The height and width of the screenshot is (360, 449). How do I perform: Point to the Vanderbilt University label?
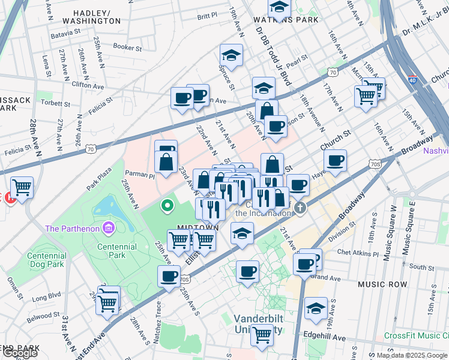tap(258, 323)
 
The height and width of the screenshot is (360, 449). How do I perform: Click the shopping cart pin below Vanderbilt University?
tap(262, 335)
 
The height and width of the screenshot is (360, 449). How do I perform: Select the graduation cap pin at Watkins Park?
tap(279, 7)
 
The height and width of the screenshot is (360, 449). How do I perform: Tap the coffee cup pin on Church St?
tap(336, 160)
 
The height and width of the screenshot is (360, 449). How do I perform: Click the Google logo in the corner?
tap(20, 353)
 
